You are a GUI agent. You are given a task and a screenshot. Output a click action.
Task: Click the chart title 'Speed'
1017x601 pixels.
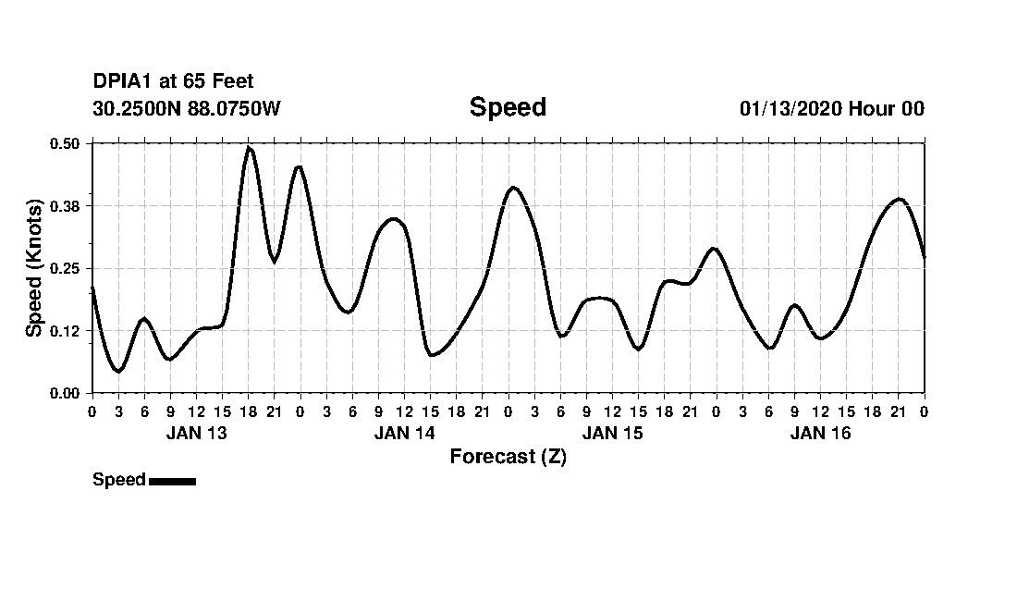(x=508, y=107)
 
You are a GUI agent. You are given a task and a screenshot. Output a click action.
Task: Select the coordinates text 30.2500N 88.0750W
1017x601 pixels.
(x=186, y=108)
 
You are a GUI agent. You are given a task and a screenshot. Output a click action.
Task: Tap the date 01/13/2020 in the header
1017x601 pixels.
(x=790, y=108)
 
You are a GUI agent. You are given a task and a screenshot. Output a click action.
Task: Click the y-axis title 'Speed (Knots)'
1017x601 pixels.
(x=34, y=268)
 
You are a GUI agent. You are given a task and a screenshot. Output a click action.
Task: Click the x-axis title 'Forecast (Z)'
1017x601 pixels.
(x=508, y=457)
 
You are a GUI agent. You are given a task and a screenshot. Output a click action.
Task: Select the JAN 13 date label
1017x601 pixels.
(x=196, y=433)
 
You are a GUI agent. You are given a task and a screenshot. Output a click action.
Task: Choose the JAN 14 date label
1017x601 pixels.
(x=404, y=433)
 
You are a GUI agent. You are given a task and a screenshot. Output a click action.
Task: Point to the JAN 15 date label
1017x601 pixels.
(x=612, y=433)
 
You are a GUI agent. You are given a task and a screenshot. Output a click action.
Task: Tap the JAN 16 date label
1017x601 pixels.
(x=820, y=433)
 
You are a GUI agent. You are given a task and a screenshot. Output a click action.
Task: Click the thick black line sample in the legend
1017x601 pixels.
(x=172, y=481)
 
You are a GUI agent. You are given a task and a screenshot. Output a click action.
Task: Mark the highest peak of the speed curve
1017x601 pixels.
(x=249, y=148)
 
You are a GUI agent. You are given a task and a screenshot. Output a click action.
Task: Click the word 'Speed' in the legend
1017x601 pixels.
(x=118, y=480)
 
